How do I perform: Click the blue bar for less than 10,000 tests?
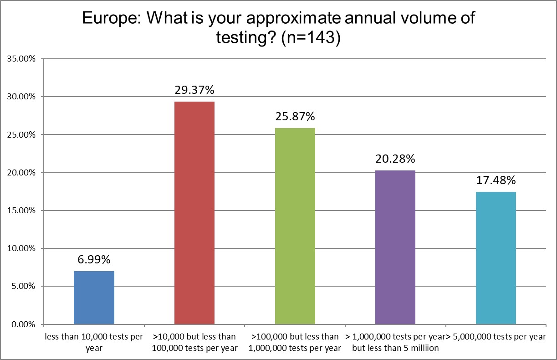tap(94, 298)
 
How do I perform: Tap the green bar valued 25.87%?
tap(295, 226)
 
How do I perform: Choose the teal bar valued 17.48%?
tap(496, 258)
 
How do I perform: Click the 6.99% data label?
tap(94, 260)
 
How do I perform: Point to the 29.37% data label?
tap(194, 90)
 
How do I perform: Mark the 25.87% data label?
tap(295, 117)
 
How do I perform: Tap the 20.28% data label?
tap(395, 159)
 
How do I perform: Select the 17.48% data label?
tap(496, 180)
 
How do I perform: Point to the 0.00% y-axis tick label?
tap(22, 324)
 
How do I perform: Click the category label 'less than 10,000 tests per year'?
tap(94, 342)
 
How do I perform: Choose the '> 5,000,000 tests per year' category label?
tap(496, 337)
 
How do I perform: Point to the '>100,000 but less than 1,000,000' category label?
tap(295, 342)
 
